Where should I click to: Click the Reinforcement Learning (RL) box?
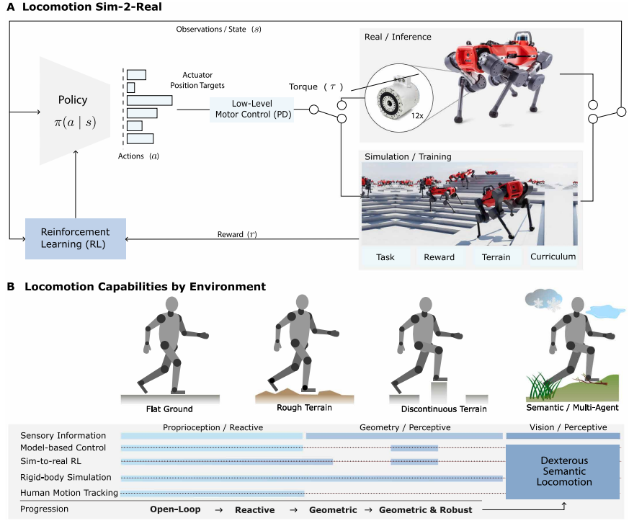(x=76, y=239)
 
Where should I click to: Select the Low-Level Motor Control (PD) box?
(x=252, y=110)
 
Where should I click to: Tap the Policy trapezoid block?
(x=75, y=111)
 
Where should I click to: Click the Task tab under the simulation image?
(x=385, y=257)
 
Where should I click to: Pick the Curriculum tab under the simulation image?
(x=553, y=257)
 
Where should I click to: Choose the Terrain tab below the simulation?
(x=496, y=257)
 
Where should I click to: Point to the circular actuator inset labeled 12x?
(x=398, y=97)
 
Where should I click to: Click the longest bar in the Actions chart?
(x=150, y=100)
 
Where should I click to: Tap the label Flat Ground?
(x=169, y=409)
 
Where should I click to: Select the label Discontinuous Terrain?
(x=444, y=409)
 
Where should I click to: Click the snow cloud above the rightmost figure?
(x=543, y=300)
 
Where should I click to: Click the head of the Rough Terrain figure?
(x=302, y=302)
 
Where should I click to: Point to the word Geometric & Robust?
(x=425, y=510)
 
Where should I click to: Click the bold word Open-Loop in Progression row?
(x=175, y=509)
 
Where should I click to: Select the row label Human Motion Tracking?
(x=69, y=493)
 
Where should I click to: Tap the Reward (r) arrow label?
(x=237, y=234)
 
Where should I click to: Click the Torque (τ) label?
(x=316, y=86)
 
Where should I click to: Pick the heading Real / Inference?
(x=398, y=37)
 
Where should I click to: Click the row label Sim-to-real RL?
(x=50, y=461)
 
